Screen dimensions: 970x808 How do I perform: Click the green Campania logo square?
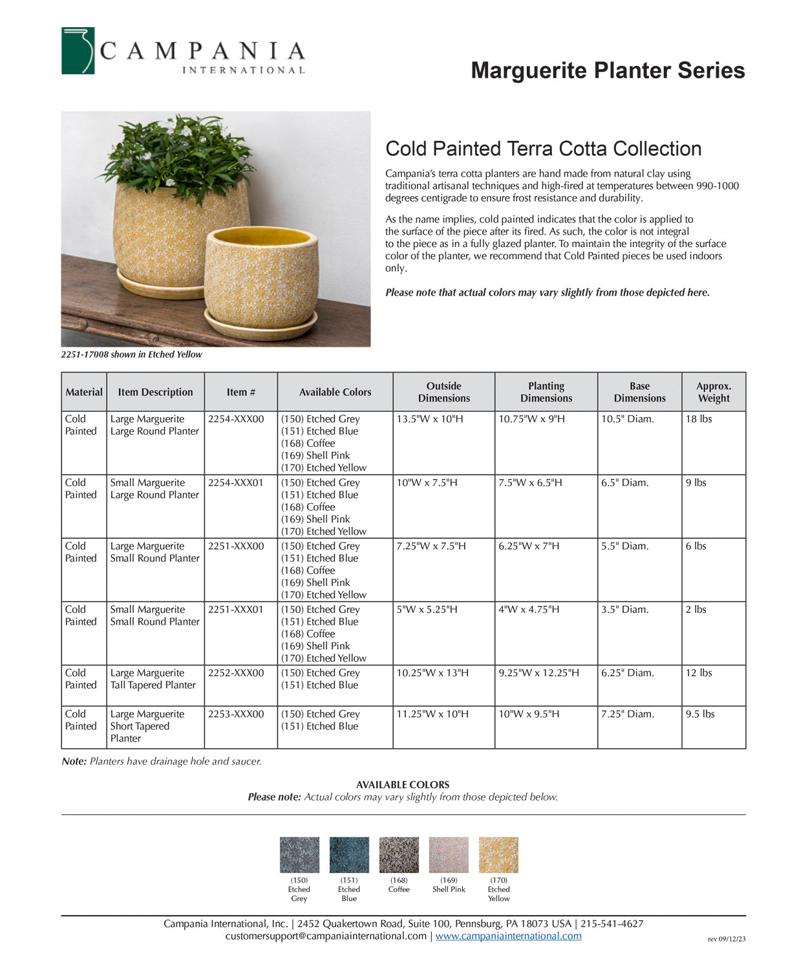point(78,50)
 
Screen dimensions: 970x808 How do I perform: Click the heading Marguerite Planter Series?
point(608,70)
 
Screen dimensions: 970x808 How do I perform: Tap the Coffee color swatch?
point(399,855)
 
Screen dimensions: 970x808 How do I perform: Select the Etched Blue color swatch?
point(349,855)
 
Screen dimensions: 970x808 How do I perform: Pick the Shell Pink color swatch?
point(449,855)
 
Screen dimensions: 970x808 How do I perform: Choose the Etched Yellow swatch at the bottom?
point(498,855)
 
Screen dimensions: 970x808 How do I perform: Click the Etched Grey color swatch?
point(299,855)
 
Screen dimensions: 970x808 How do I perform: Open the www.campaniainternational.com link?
point(508,936)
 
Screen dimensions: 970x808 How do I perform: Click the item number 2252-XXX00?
point(236,673)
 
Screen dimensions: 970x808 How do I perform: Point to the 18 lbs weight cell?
point(699,419)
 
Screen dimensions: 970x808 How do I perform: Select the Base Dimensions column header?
point(639,392)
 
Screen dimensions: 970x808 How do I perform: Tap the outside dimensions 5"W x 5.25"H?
point(427,610)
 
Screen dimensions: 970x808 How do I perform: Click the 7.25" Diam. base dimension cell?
point(628,715)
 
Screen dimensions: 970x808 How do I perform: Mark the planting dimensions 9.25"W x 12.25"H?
point(539,673)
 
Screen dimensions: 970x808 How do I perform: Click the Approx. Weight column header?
point(714,392)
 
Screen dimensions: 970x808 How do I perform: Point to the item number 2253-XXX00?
point(236,715)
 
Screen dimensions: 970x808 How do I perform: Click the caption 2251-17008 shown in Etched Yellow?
point(132,354)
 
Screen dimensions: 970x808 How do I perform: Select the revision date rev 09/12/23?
point(727,939)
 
